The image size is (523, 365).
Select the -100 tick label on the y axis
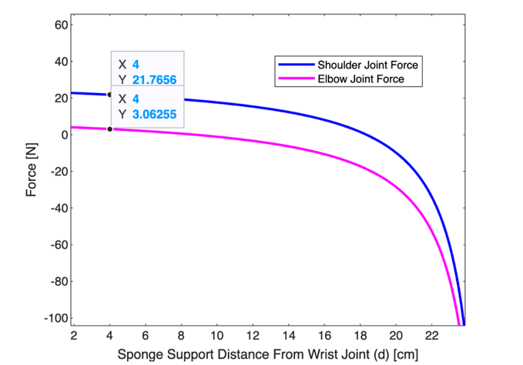(x=55, y=318)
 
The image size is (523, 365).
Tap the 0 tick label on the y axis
(x=62, y=135)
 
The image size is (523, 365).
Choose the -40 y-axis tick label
(x=57, y=208)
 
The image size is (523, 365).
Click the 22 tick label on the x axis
(x=432, y=336)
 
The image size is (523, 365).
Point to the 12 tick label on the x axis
(x=253, y=336)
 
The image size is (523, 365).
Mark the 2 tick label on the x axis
(x=74, y=336)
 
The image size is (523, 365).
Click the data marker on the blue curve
(x=109, y=95)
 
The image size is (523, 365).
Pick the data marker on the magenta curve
(x=109, y=129)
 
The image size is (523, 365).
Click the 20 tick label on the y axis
(x=59, y=98)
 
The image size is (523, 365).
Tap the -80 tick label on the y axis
(x=57, y=281)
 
